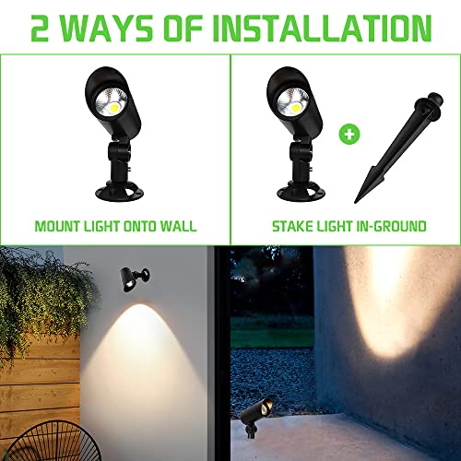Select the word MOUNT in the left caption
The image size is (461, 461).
58,225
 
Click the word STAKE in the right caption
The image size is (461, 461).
289,225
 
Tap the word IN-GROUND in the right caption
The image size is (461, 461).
389,225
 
